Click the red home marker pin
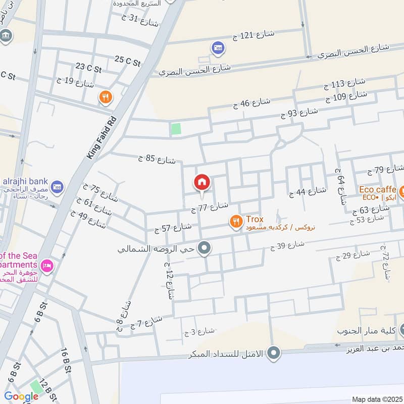tap(202, 183)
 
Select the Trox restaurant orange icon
tap(235, 221)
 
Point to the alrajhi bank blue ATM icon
tap(57, 187)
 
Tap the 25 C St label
tap(127, 61)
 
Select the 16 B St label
tap(66, 360)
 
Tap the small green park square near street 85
tap(176, 129)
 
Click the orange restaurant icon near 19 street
tap(106, 97)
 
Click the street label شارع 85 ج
tap(157, 160)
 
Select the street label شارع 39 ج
tap(287, 246)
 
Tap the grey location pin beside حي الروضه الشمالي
tap(204, 248)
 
